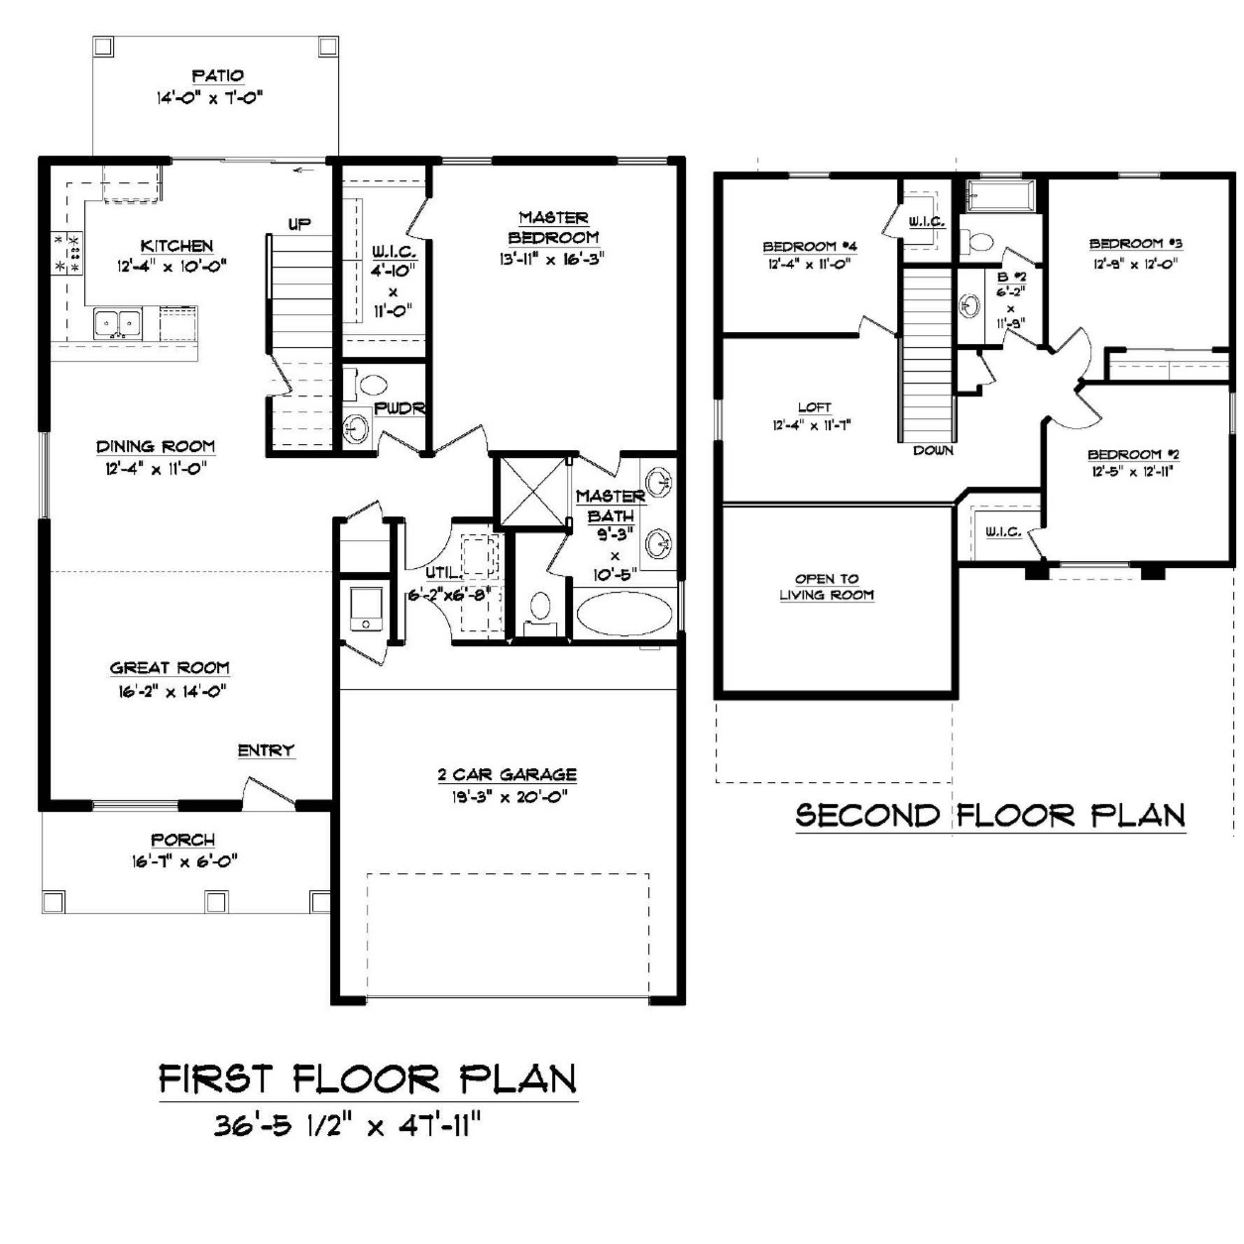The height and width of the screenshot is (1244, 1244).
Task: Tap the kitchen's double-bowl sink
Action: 118,323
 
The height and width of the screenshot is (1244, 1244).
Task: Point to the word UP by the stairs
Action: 299,224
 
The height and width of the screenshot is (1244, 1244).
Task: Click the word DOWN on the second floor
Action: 933,451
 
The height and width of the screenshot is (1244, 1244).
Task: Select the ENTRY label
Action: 266,750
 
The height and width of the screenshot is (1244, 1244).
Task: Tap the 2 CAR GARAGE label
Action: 507,774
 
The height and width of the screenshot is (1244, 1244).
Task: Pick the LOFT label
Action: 815,407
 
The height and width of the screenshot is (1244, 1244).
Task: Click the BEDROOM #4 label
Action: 810,247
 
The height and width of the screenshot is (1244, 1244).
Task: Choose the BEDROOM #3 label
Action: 1136,244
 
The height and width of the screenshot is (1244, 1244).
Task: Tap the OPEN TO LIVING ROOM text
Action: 827,587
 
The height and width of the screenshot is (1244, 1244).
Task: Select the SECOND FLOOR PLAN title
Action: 990,816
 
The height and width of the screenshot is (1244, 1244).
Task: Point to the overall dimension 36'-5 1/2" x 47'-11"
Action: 349,1145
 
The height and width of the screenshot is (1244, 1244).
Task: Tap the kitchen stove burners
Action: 67,252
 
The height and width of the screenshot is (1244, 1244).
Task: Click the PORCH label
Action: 182,840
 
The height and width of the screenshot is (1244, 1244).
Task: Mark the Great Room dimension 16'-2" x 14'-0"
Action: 172,692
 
